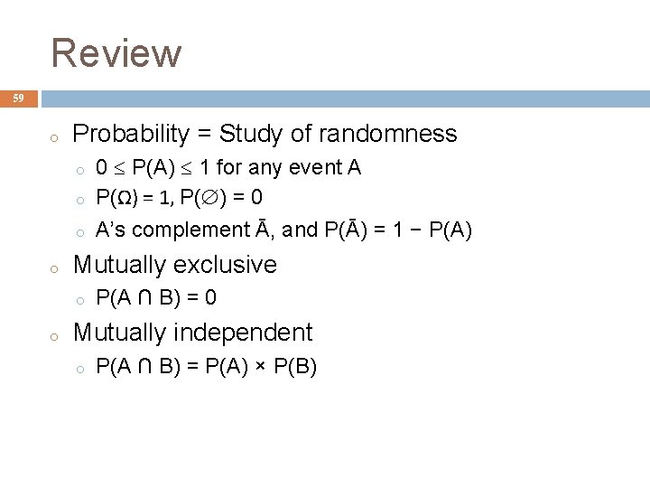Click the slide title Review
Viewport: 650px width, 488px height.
[x=116, y=52]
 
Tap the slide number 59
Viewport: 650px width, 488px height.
[x=18, y=99]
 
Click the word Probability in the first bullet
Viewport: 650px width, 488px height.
[x=131, y=135]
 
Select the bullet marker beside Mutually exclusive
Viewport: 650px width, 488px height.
[x=55, y=267]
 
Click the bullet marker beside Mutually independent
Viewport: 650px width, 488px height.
[x=55, y=335]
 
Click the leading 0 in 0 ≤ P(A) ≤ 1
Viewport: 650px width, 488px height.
[x=102, y=168]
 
